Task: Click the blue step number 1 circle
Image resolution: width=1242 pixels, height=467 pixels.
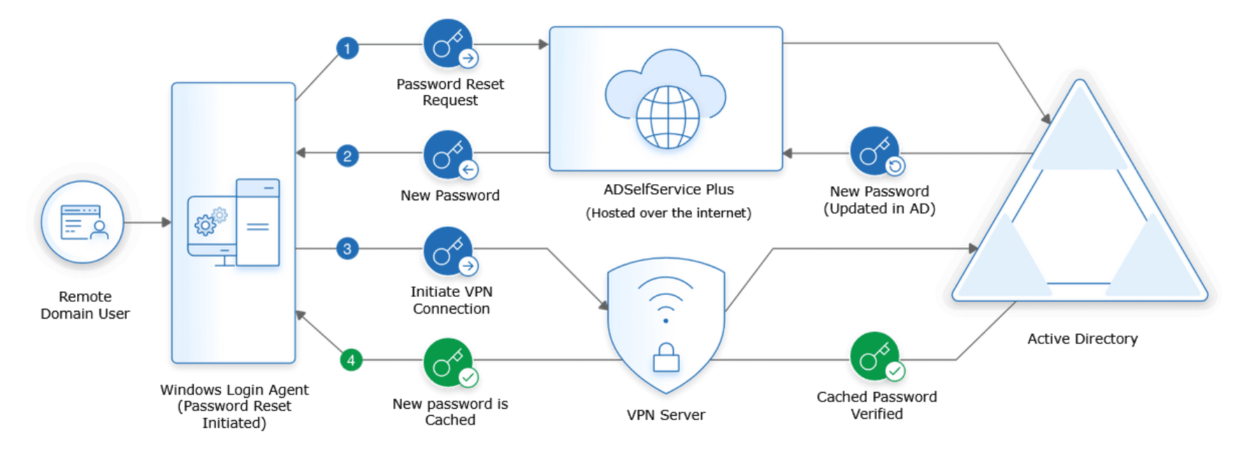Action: point(348,48)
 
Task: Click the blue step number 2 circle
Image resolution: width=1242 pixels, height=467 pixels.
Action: point(348,155)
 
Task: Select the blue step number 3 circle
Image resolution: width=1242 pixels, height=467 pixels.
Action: point(348,249)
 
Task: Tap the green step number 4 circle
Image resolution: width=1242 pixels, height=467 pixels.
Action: point(351,361)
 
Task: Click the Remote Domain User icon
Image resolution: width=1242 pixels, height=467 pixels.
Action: point(83,223)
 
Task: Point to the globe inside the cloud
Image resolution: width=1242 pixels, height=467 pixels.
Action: point(667,117)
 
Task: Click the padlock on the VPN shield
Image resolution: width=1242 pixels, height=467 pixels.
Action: point(666,358)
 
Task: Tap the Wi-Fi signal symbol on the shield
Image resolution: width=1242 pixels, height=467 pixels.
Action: point(666,298)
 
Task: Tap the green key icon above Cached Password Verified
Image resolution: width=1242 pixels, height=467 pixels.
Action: point(875,356)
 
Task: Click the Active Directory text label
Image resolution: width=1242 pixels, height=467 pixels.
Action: point(1082,339)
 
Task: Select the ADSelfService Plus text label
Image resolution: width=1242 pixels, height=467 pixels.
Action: point(669,190)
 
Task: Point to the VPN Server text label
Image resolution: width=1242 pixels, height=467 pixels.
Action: point(666,415)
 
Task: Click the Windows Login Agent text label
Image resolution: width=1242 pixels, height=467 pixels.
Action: point(234,390)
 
